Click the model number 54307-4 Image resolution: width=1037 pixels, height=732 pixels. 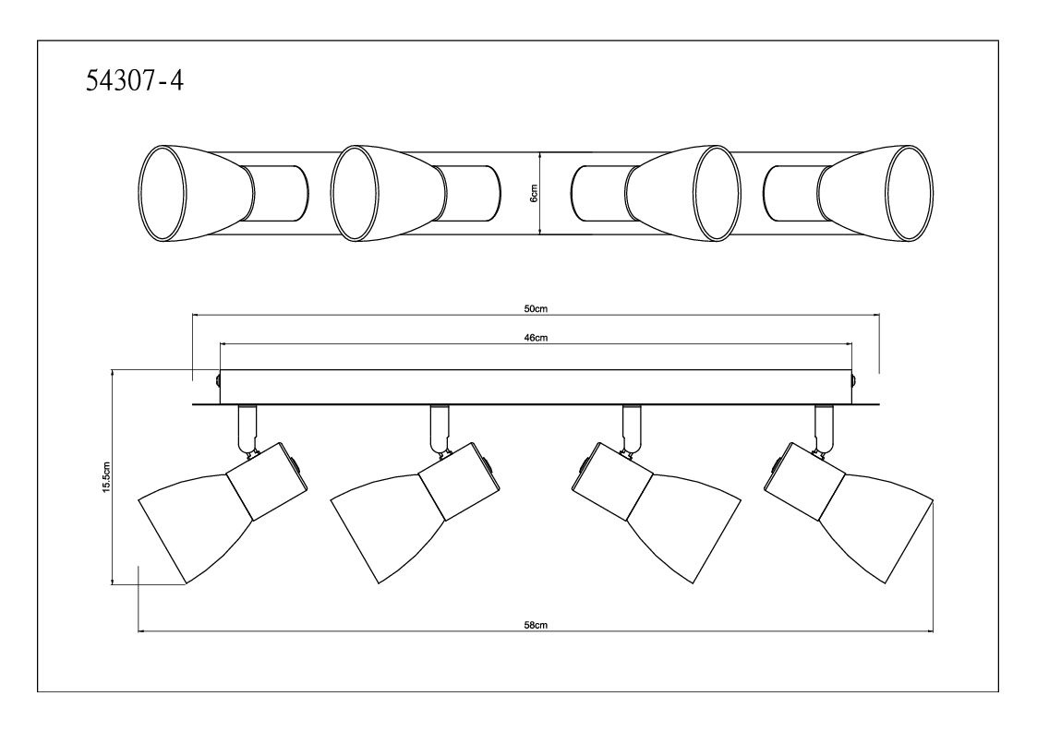[135, 81]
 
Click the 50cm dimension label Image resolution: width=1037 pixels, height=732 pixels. [535, 308]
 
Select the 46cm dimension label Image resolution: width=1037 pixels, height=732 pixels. [536, 338]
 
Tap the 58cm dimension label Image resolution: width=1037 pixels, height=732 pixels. [536, 625]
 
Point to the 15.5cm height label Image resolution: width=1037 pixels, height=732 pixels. [106, 475]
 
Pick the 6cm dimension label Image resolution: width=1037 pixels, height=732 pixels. [535, 193]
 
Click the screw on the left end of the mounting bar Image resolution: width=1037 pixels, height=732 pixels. [217, 380]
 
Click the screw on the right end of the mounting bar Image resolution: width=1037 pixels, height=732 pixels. [854, 381]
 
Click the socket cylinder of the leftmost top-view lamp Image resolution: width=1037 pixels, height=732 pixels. [279, 193]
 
